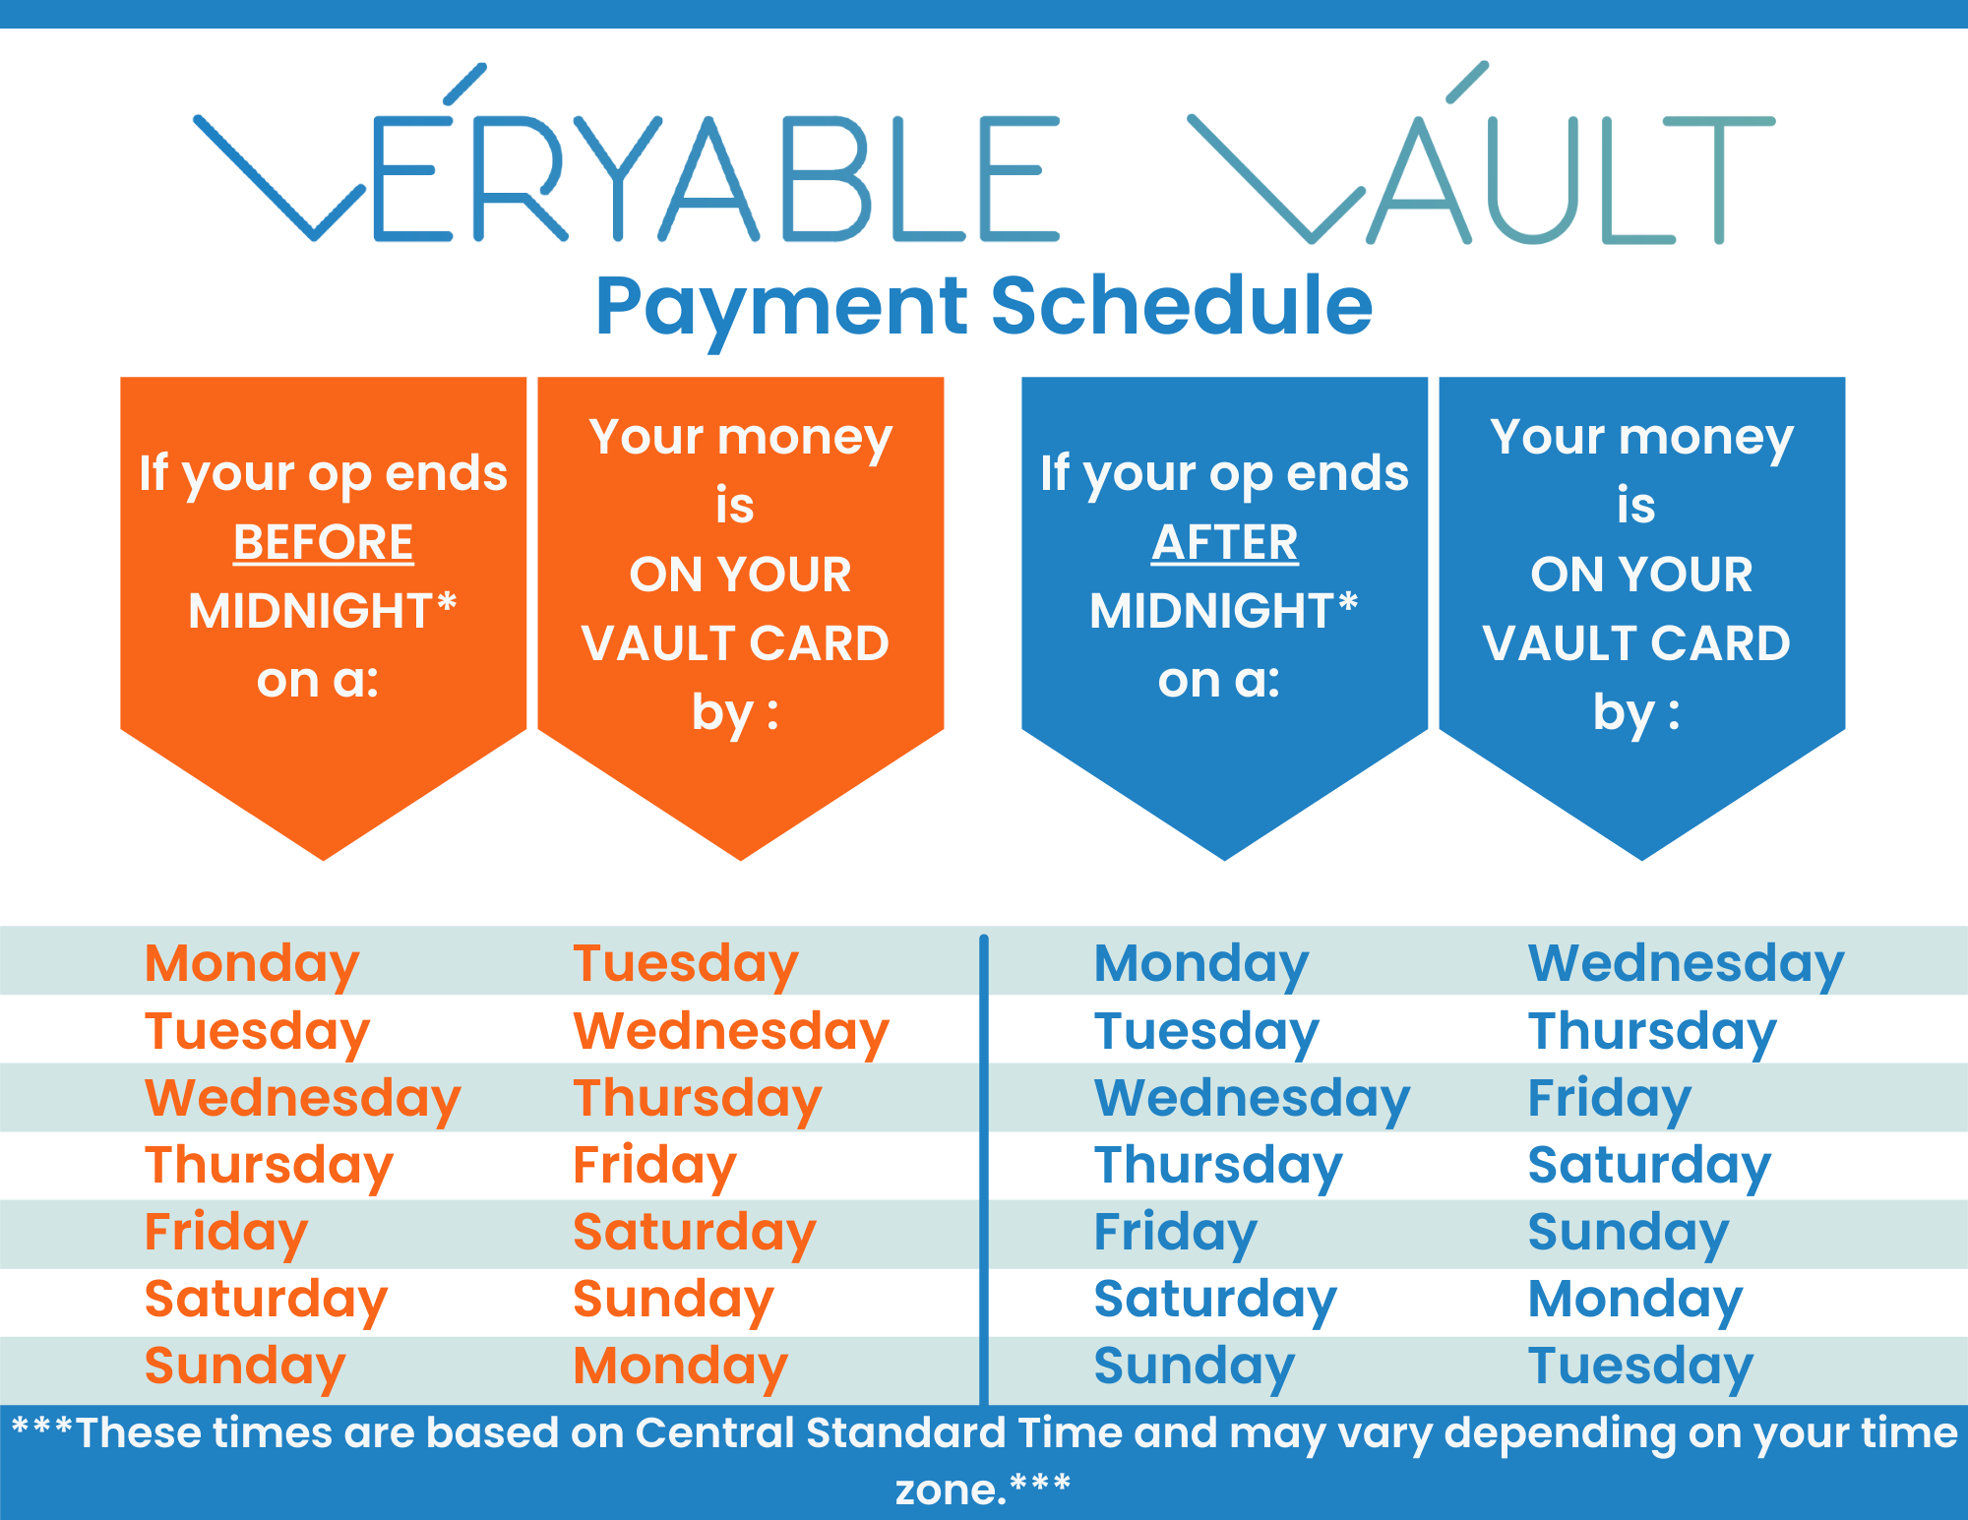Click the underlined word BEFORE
click(323, 542)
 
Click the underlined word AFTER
click(1224, 542)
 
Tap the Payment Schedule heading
click(983, 306)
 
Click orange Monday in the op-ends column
click(252, 962)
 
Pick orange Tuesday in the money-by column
click(686, 962)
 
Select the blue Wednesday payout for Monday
click(1686, 962)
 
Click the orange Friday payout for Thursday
click(654, 1165)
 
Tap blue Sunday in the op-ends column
click(1195, 1367)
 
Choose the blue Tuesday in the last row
click(1640, 1367)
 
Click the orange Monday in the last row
click(680, 1367)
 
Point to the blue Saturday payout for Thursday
click(1649, 1165)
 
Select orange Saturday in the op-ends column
click(266, 1299)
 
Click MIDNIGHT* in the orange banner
click(323, 610)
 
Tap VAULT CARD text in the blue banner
click(1635, 643)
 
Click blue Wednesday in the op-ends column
click(1252, 1098)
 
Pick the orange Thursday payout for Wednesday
click(697, 1098)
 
